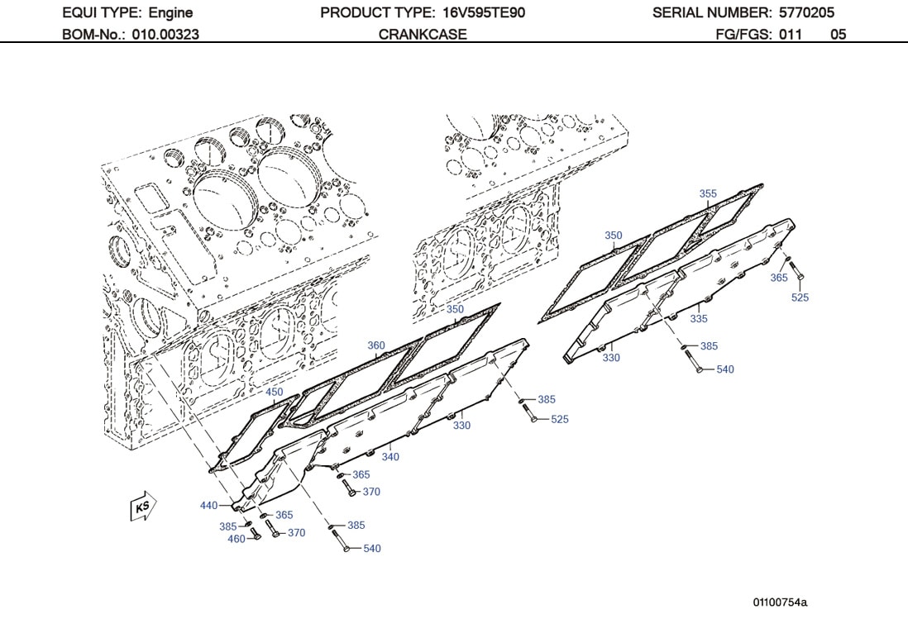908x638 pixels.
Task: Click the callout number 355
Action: (x=708, y=194)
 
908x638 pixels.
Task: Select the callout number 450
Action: (x=274, y=392)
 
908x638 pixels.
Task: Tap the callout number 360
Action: (x=376, y=345)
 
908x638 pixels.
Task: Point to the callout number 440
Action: (x=208, y=506)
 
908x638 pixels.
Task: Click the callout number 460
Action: (x=237, y=539)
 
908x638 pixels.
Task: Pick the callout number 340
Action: (x=390, y=457)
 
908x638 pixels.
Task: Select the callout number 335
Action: (x=699, y=318)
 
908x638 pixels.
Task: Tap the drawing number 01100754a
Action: (x=780, y=602)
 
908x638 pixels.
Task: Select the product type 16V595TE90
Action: (x=484, y=12)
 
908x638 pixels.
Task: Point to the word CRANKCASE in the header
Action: (x=423, y=35)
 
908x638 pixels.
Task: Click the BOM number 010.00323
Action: (x=165, y=35)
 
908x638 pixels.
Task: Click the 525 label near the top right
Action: (x=800, y=298)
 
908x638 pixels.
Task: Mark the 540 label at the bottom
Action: (x=372, y=549)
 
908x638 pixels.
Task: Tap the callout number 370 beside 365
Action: (x=371, y=492)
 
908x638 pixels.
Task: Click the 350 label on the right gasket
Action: (x=613, y=236)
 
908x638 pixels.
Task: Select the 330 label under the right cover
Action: (x=611, y=358)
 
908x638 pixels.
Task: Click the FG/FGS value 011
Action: (x=790, y=35)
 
